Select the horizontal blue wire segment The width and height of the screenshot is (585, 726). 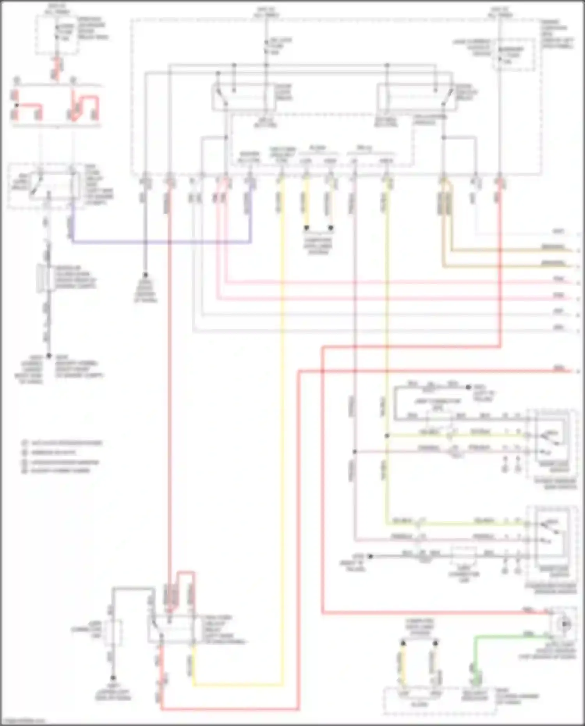tap(160, 242)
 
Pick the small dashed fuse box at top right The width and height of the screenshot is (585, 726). tap(514, 55)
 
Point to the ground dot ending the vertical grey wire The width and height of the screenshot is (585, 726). tap(145, 275)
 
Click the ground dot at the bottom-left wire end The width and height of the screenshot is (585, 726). tap(113, 678)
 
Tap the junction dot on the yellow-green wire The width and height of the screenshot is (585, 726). tap(387, 436)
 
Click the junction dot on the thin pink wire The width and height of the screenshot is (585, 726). tap(355, 452)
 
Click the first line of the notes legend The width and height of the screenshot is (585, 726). tap(62, 443)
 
